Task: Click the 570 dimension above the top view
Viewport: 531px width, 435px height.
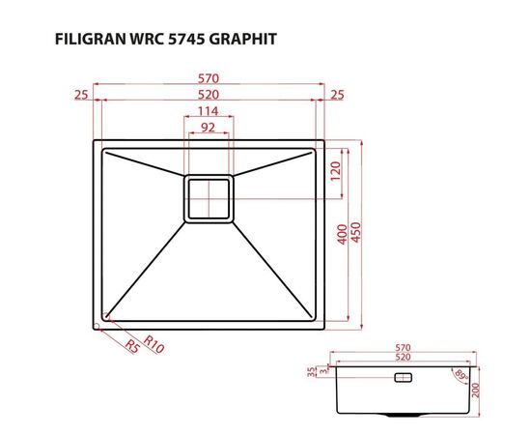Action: pos(209,77)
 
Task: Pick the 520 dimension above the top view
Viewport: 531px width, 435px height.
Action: pos(209,95)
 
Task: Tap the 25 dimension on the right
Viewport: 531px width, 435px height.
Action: pos(337,95)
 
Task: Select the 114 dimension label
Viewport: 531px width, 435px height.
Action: pos(209,112)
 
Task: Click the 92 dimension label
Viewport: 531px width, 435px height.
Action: pos(209,129)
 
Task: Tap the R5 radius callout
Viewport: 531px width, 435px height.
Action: pos(131,347)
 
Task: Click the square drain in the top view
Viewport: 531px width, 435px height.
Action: pos(209,199)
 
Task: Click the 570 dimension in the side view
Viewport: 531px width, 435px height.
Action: pos(404,347)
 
